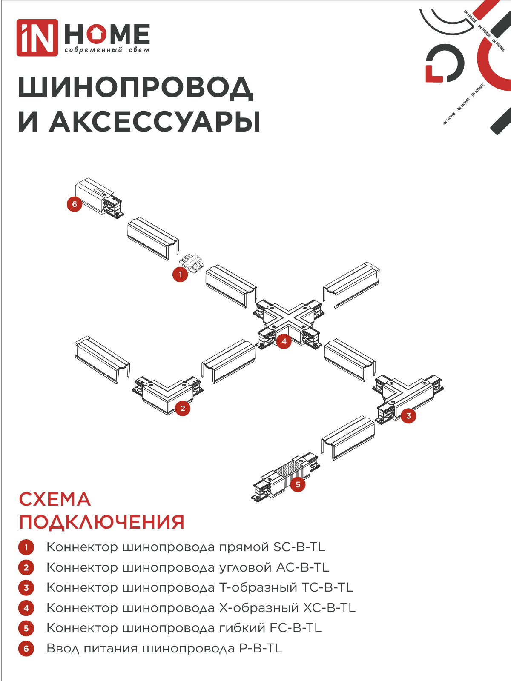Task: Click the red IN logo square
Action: coord(37,37)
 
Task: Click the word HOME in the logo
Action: coord(107,34)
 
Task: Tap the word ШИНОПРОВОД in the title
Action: coord(135,88)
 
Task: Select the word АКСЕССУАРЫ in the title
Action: coord(155,122)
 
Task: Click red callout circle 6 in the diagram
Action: coord(75,204)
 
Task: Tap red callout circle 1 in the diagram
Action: coord(180,275)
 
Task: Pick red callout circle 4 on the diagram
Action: coord(284,341)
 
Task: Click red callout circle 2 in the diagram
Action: coord(183,409)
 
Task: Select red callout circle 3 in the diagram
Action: coord(408,416)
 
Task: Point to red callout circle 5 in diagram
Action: coord(298,484)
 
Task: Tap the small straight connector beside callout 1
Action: coord(191,262)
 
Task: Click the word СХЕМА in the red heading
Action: coord(55,499)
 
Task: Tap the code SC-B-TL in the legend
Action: coord(299,547)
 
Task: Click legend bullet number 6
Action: coord(26,649)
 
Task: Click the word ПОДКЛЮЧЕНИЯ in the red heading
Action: coord(102,522)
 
